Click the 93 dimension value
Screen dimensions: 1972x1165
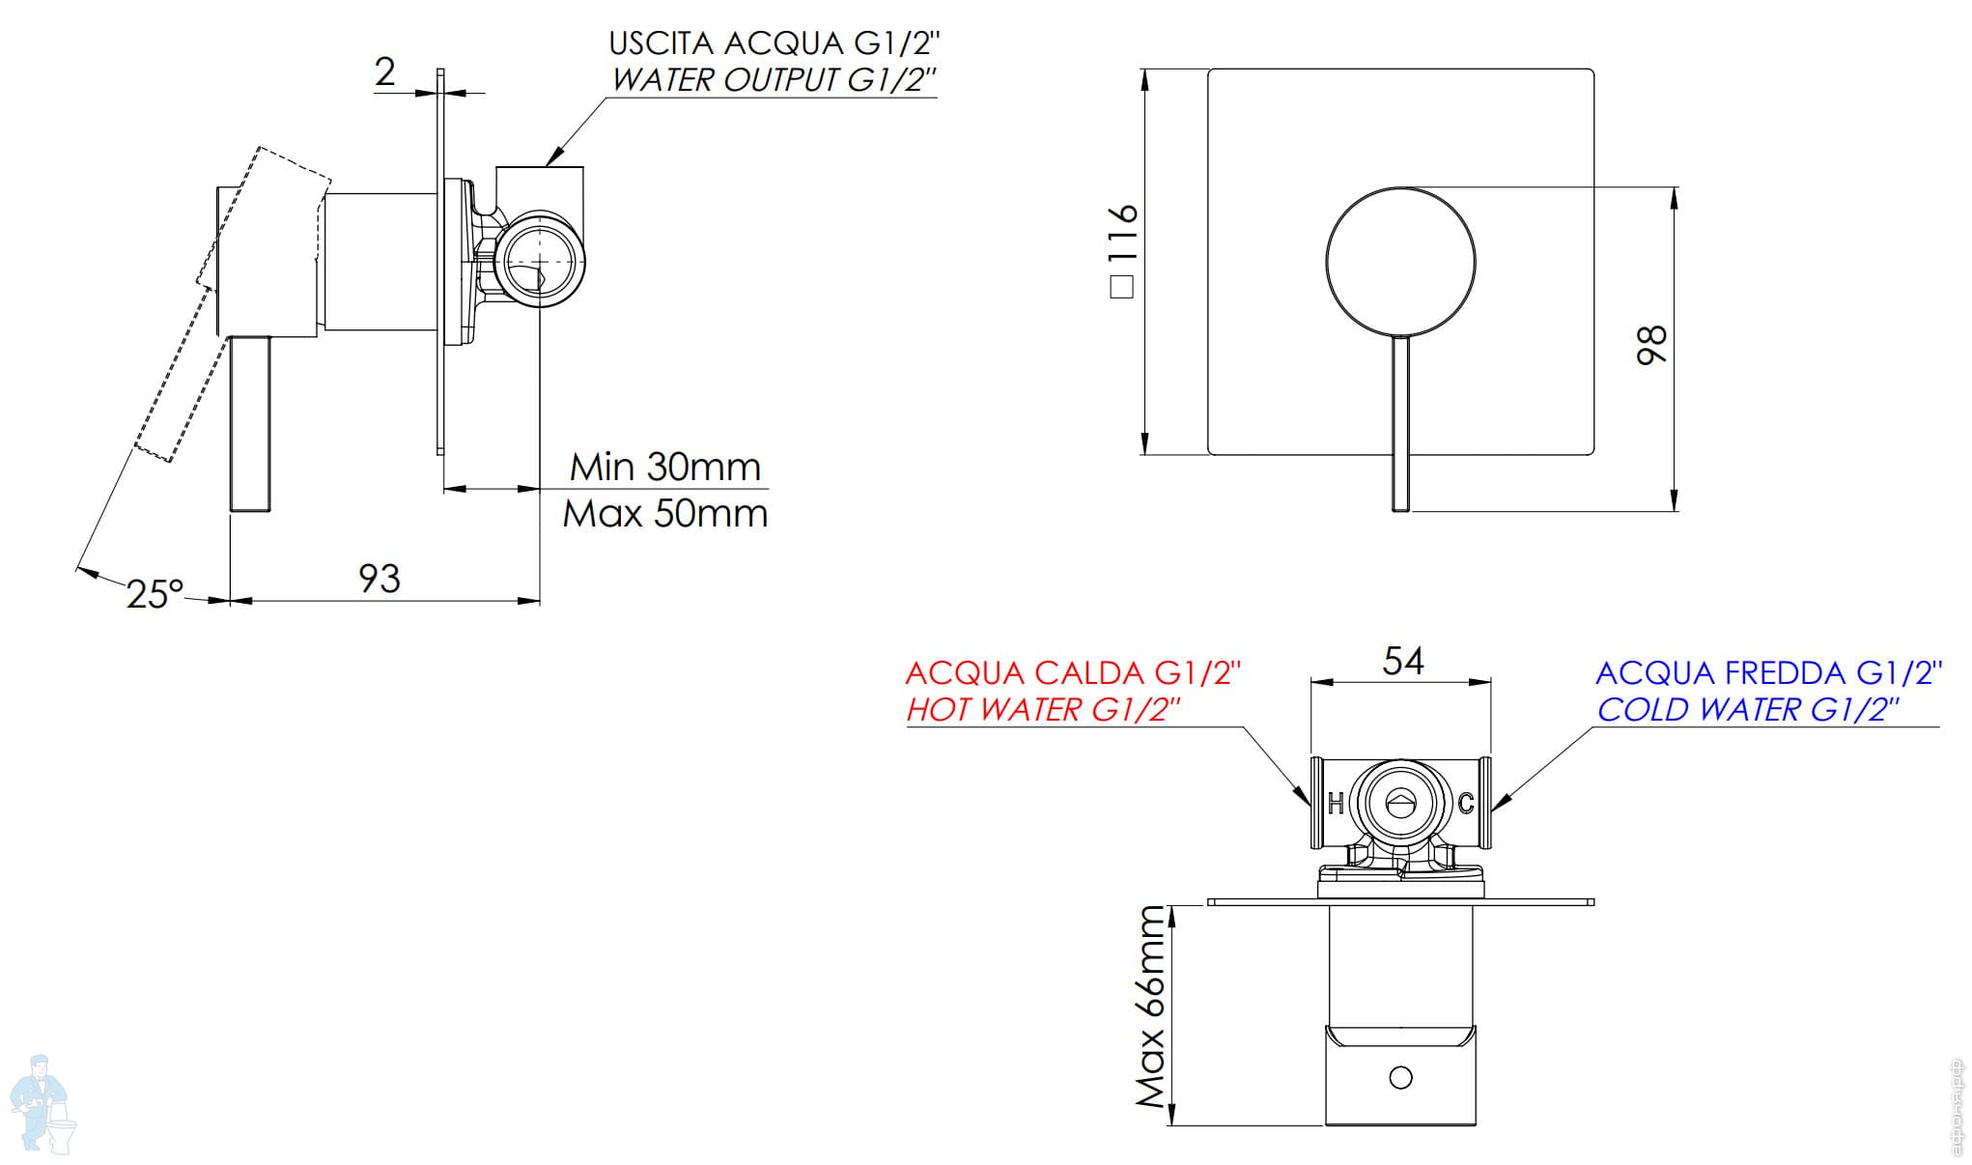[380, 579]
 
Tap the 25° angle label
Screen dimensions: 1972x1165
[155, 594]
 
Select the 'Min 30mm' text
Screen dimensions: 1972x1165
[665, 468]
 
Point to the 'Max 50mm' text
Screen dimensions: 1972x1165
[665, 513]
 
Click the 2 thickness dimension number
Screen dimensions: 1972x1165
[385, 71]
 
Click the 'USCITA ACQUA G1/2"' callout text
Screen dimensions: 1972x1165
[774, 43]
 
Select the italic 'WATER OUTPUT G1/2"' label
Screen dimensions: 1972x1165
[774, 80]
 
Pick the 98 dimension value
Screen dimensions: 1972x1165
[1651, 345]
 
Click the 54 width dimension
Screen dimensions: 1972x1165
[1403, 661]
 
